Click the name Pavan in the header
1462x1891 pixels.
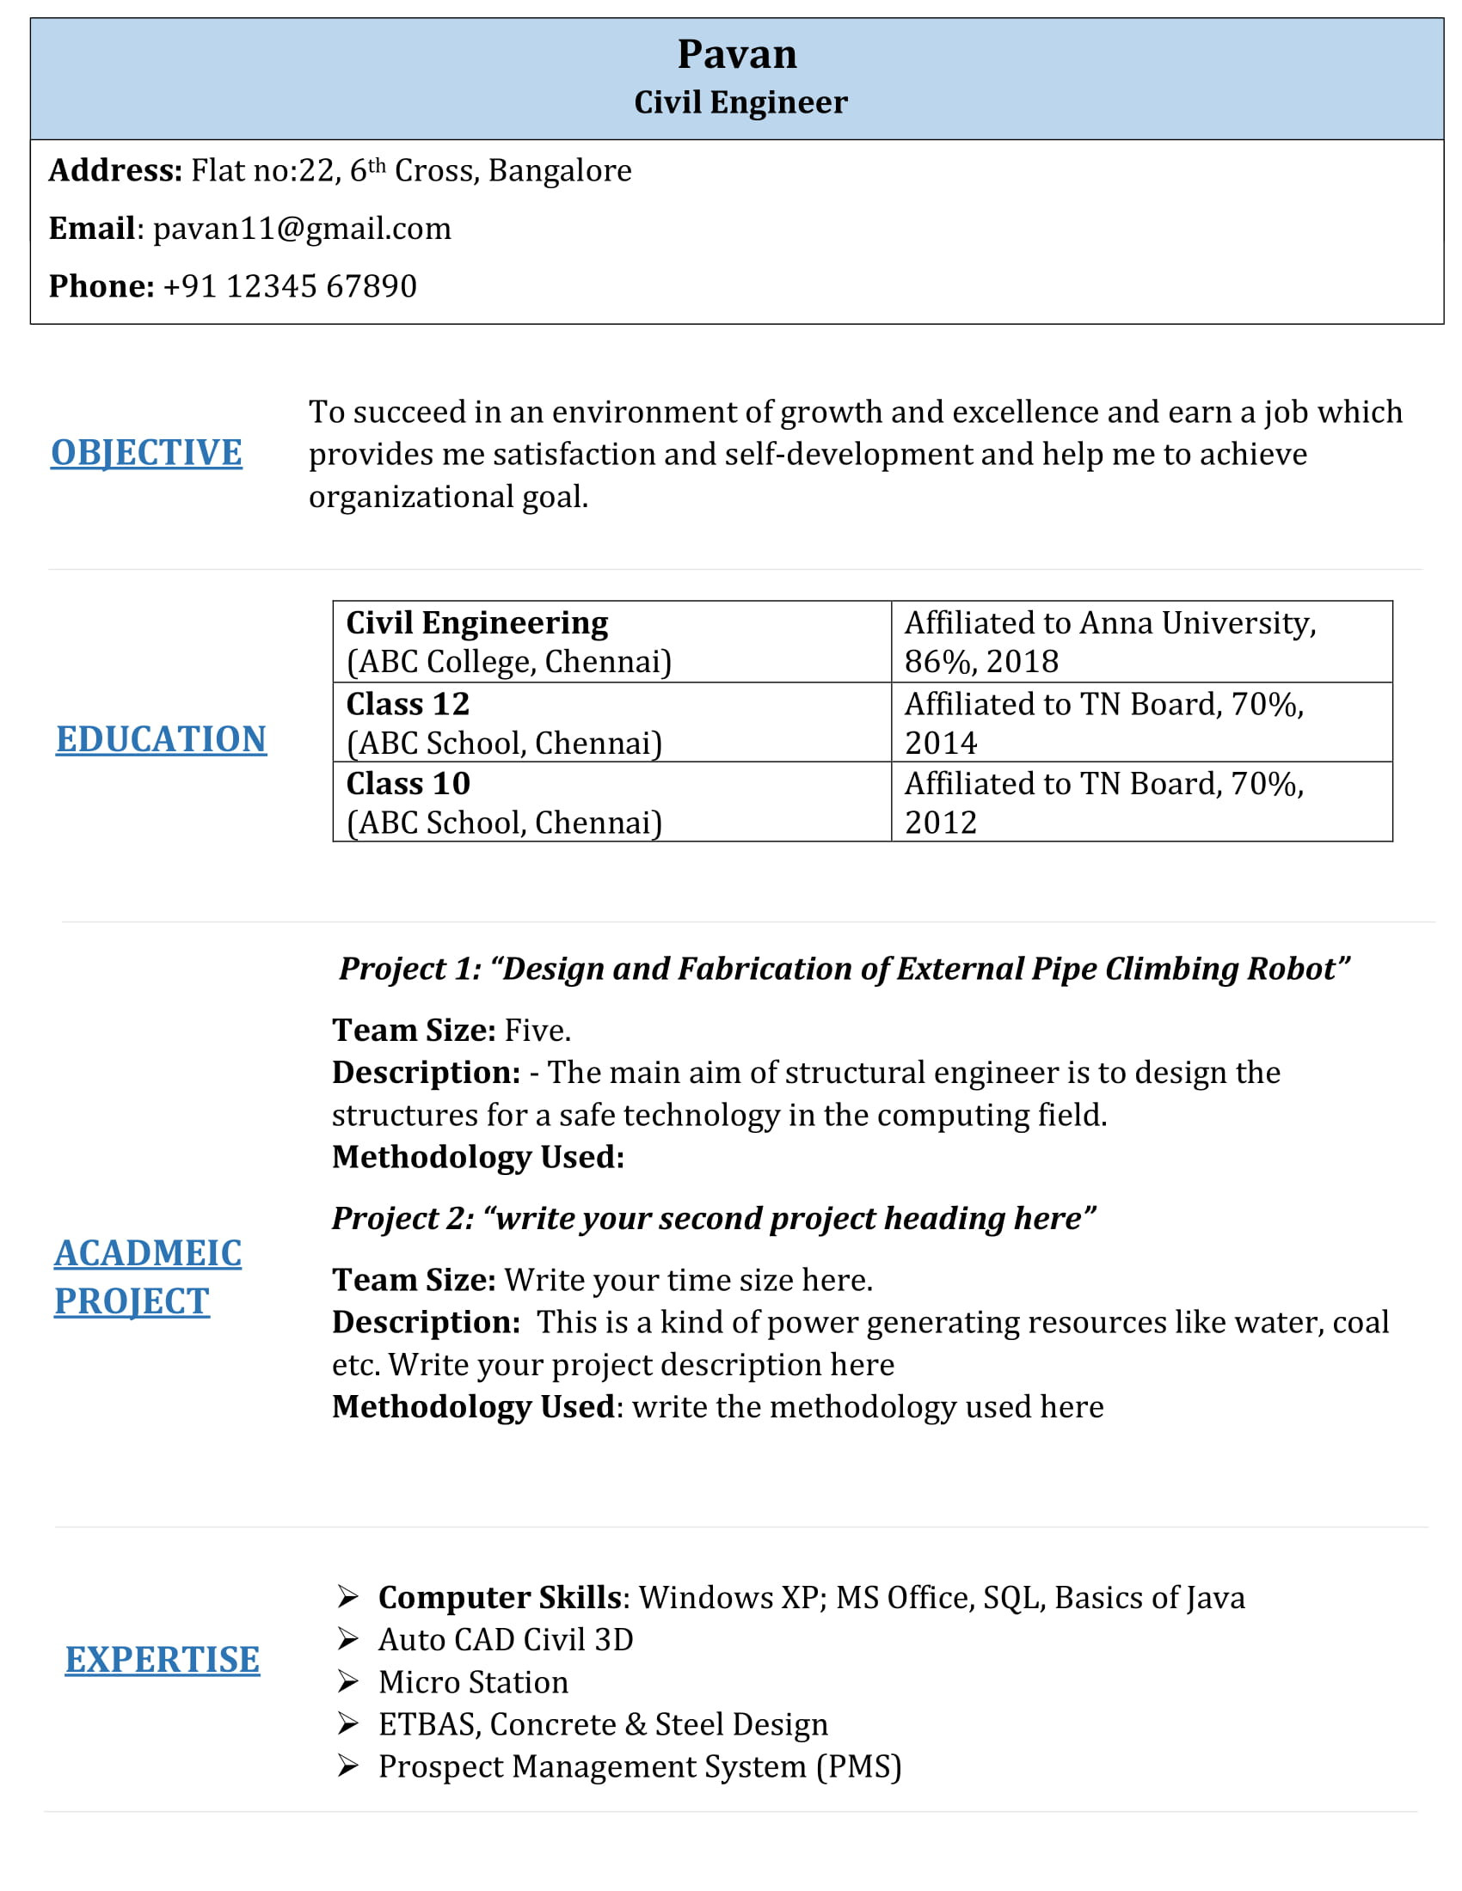tap(736, 54)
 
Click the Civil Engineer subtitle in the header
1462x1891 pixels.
tap(740, 102)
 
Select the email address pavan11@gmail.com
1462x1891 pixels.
tap(301, 229)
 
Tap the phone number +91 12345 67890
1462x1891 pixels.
tap(289, 286)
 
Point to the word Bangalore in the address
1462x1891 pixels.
tap(560, 170)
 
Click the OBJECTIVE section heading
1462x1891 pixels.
tap(146, 453)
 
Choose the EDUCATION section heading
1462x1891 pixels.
tap(161, 739)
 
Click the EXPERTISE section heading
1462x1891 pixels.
tap(162, 1660)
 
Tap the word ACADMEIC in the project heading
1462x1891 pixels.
tap(148, 1254)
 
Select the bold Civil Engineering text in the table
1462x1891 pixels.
tap(477, 623)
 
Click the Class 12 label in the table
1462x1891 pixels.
tap(408, 705)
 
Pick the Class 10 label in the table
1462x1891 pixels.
tap(408, 785)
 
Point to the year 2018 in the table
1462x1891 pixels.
tap(1022, 663)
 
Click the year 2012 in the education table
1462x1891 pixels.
tap(941, 823)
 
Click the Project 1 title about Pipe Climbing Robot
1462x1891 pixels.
tap(845, 969)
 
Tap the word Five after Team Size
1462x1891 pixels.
tap(536, 1031)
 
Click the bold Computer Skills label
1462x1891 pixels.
tap(500, 1599)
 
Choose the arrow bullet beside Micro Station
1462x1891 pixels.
tap(348, 1682)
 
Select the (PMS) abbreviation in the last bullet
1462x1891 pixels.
tap(858, 1767)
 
